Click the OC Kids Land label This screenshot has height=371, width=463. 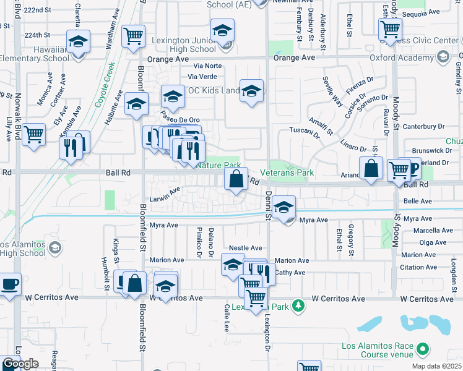pyautogui.click(x=214, y=91)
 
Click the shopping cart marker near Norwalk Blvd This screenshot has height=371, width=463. pyautogui.click(x=33, y=133)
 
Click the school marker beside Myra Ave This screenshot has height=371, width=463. pyautogui.click(x=283, y=207)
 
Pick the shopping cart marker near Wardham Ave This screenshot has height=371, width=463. pyautogui.click(x=133, y=36)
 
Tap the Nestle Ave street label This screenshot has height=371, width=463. pyautogui.click(x=246, y=247)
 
